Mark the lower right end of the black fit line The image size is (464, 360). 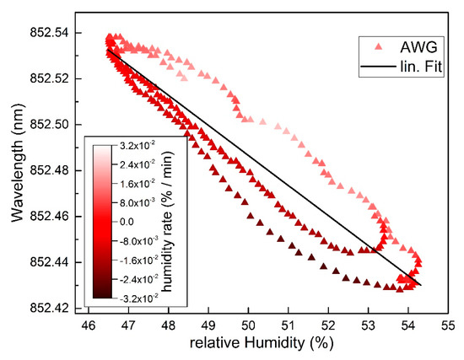tap(419, 285)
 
